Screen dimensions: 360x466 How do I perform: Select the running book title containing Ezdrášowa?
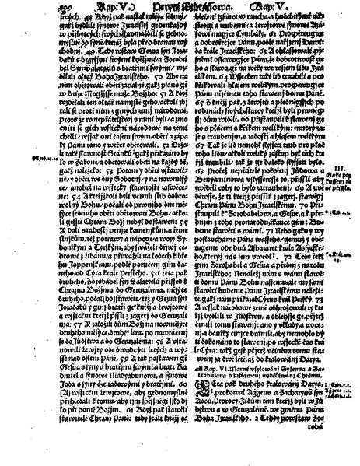pyautogui.click(x=179, y=7)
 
